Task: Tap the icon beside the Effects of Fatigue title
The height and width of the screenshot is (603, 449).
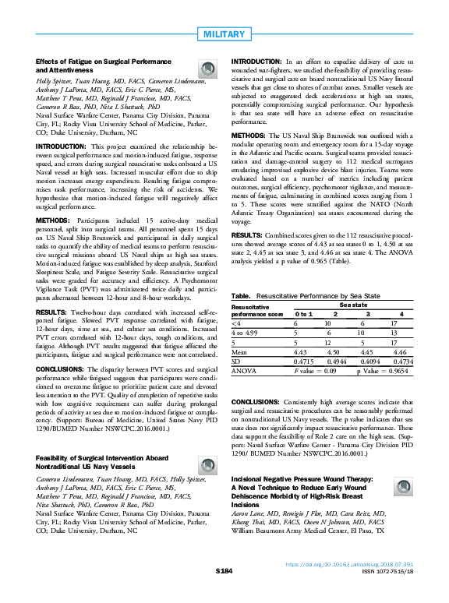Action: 208,68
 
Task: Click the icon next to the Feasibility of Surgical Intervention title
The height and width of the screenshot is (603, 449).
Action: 208,463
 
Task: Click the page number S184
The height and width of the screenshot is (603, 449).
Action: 224,593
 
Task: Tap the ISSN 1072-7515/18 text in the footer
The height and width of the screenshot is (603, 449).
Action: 390,593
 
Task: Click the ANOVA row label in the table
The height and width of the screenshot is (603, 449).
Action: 245,372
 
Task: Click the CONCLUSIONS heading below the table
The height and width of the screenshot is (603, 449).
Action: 260,400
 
